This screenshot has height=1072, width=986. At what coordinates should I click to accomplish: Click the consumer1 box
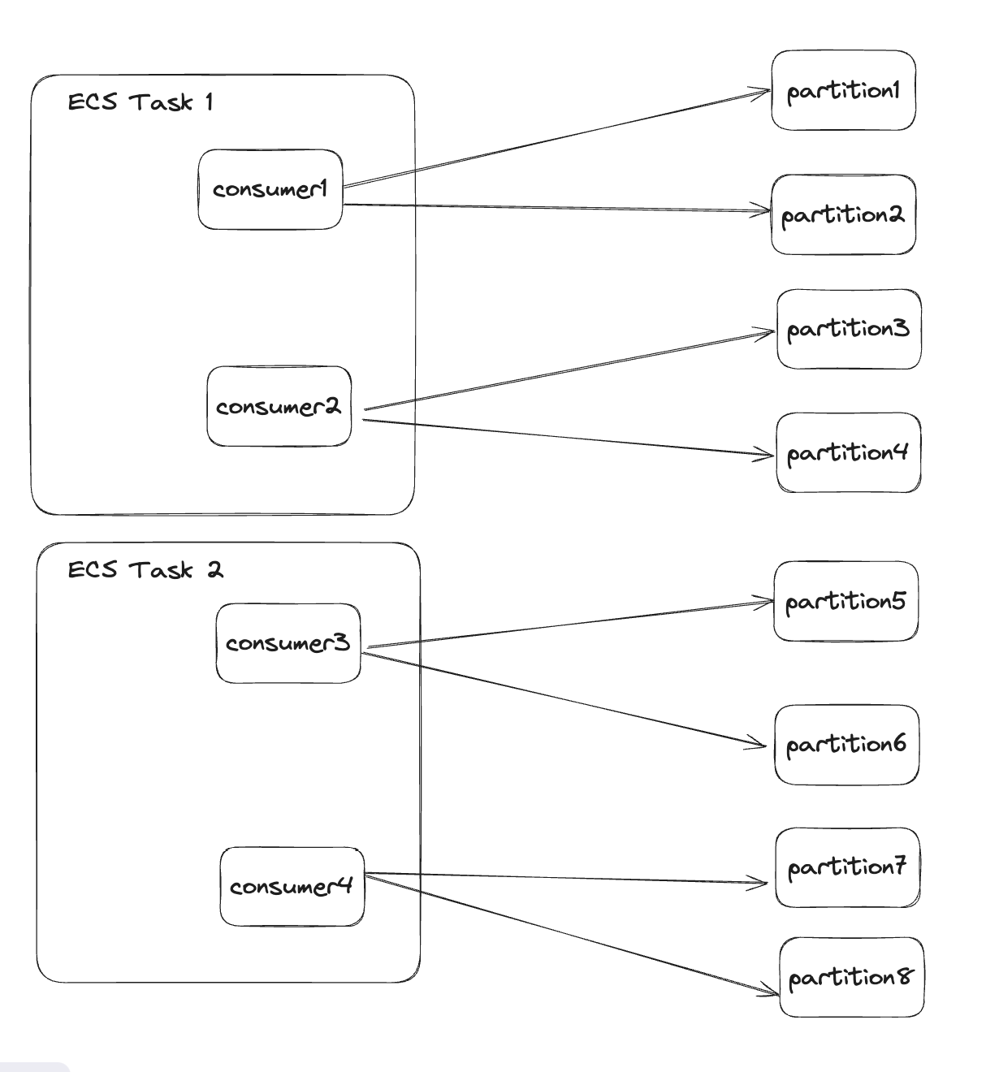270,189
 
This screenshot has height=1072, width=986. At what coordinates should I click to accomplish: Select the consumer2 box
279,406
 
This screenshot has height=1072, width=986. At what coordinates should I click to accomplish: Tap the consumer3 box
288,643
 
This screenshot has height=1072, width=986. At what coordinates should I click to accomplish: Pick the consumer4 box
292,886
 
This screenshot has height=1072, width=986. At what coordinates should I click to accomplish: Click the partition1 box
843,90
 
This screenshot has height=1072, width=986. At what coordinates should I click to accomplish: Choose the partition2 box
843,215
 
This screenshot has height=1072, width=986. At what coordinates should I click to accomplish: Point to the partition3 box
849,329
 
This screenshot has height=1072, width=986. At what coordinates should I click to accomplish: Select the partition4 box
849,452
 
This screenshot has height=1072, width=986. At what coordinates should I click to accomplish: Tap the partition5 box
845,602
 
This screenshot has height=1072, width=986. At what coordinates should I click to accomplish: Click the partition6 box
846,745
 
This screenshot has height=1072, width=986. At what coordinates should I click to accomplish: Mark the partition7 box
847,867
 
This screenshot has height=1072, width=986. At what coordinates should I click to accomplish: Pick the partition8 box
851,977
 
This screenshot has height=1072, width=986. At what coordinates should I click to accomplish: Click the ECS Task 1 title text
140,102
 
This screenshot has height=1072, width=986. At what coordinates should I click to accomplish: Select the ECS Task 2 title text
145,570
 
